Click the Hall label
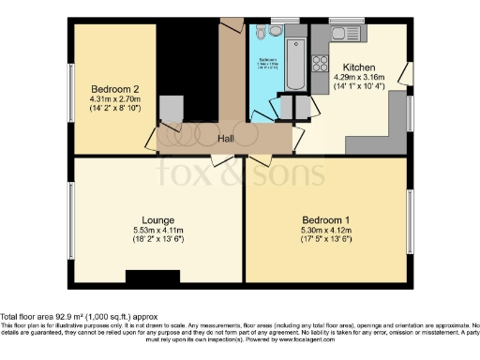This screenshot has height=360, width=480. [226, 139]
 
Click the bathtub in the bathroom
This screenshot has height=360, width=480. [295, 62]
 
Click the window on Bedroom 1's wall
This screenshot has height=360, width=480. [410, 221]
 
